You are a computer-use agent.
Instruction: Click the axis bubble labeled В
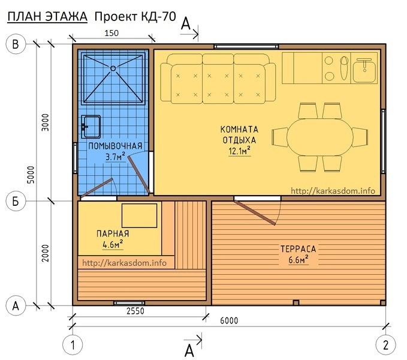click(x=16, y=44)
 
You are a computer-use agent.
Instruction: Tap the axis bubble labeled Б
click(x=16, y=201)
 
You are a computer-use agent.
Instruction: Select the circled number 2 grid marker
click(x=385, y=345)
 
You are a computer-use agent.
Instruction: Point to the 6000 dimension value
click(x=229, y=321)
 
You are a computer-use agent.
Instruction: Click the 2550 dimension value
click(x=135, y=311)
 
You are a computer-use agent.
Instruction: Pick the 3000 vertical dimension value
click(x=45, y=122)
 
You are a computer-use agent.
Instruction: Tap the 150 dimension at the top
click(x=111, y=33)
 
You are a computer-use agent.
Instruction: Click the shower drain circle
click(x=113, y=68)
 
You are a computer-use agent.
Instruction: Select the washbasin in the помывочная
click(x=91, y=127)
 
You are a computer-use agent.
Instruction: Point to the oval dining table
click(x=320, y=137)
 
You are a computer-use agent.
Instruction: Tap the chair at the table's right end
click(x=360, y=137)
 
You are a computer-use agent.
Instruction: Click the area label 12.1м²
click(x=240, y=151)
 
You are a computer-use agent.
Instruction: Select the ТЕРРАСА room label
click(x=299, y=249)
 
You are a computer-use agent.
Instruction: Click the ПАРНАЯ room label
click(x=113, y=233)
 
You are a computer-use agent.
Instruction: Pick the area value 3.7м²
click(x=116, y=157)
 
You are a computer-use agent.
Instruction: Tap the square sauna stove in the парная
click(x=140, y=215)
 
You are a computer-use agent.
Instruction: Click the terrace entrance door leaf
click(x=255, y=212)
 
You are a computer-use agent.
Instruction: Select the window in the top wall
click(x=246, y=47)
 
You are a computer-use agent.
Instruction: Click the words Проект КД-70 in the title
click(x=135, y=17)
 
